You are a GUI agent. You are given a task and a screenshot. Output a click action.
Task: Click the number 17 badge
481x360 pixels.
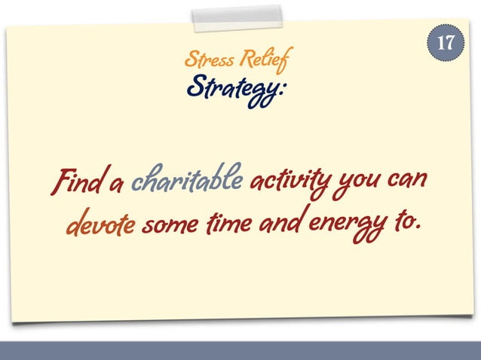[446, 42]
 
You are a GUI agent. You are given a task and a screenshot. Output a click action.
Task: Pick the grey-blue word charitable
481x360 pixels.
[186, 182]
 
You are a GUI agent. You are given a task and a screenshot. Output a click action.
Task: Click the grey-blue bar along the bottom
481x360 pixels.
[240, 350]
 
